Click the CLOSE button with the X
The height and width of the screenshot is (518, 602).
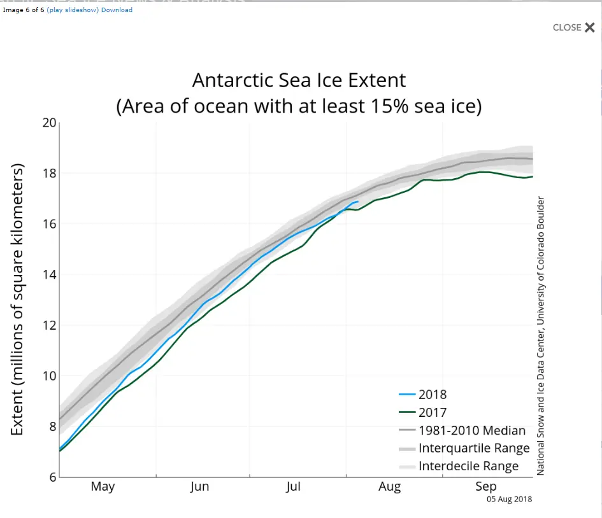tap(573, 27)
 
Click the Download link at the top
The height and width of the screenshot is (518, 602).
tap(117, 10)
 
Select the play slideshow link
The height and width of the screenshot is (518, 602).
tap(73, 10)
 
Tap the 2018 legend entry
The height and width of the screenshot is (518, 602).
tap(432, 395)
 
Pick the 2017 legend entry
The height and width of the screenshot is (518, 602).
tap(432, 412)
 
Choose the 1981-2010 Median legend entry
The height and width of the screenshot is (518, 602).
tap(471, 431)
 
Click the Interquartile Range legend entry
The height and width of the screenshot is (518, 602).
tap(473, 449)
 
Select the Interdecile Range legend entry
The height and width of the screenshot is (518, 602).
tap(468, 466)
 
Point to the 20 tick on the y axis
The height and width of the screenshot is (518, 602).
tap(50, 123)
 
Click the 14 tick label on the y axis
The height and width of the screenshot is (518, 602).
tap(50, 274)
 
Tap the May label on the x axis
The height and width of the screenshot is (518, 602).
tap(103, 487)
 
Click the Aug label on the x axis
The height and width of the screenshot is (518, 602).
tap(389, 487)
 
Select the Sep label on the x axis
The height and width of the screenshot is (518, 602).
tap(485, 487)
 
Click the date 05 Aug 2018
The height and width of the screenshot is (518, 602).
tap(509, 500)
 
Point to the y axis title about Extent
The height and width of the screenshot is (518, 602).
tap(18, 299)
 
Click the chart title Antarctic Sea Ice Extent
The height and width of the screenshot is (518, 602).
tap(299, 81)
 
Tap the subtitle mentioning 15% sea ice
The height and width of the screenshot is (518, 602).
tap(299, 106)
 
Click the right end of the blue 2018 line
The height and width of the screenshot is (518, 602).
tap(358, 202)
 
